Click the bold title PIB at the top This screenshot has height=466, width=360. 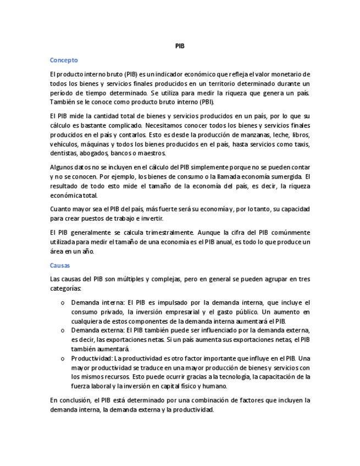coord(180,46)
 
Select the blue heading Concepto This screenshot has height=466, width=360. coord(64,60)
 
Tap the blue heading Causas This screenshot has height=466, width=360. coord(60,265)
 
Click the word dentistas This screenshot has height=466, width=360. coord(63,153)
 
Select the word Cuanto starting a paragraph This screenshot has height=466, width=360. coord(61,209)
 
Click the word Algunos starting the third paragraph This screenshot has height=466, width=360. coord(63,167)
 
